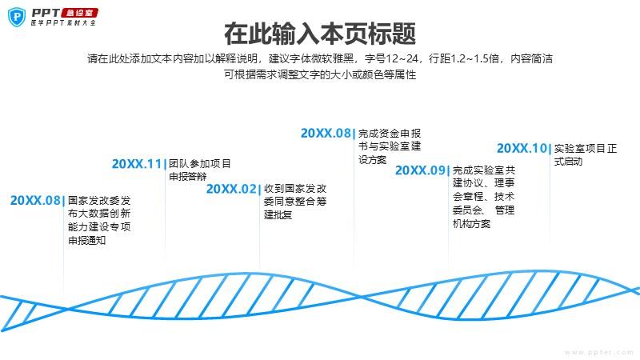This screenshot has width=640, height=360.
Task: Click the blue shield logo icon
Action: coord(17,17)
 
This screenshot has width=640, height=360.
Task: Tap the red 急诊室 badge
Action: coord(79,13)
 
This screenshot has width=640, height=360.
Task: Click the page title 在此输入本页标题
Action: coord(320,34)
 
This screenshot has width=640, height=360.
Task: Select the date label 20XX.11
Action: coord(137,164)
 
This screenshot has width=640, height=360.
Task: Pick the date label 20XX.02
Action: coord(231,189)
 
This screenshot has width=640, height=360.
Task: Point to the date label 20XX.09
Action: coord(420,170)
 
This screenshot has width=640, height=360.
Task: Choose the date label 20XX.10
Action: coord(522,148)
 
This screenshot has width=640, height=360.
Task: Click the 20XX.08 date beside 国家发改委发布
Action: coord(35,201)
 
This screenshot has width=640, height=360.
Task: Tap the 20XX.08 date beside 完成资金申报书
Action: coord(326,133)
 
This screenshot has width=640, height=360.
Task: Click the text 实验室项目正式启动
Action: coord(586,154)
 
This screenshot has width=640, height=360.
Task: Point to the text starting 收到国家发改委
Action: coord(295,202)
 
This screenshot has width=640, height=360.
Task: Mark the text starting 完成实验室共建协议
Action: coord(484,197)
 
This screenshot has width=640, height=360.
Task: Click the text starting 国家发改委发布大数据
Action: coord(99,221)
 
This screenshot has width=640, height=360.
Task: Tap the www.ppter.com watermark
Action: coord(599,352)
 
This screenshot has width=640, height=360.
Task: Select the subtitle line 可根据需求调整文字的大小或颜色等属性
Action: coord(320,74)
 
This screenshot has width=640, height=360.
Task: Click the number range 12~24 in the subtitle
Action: coord(402,58)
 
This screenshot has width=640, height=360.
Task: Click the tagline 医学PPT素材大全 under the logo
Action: coord(63,23)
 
